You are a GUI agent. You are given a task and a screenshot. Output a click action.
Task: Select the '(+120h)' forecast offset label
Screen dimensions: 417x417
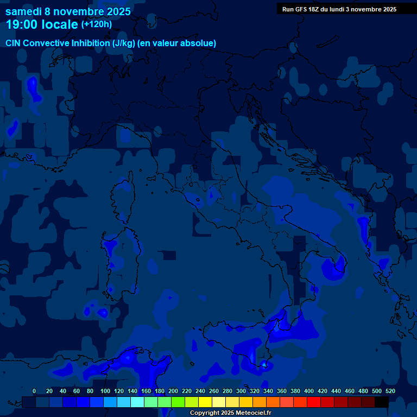pyautogui.click(x=97, y=24)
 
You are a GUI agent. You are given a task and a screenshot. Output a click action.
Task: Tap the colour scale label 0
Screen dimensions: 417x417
pyautogui.click(x=34, y=391)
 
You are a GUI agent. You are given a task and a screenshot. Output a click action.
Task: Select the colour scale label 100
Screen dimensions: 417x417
pyautogui.click(x=104, y=391)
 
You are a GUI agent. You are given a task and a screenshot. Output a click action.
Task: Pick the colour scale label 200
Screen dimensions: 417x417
pyautogui.click(x=173, y=391)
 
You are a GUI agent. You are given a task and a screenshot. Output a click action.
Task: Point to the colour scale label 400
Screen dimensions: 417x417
pyautogui.click(x=309, y=391)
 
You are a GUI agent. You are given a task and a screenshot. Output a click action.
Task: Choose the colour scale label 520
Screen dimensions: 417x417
pyautogui.click(x=390, y=391)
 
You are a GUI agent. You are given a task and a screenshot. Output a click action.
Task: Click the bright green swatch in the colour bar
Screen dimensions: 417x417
pyautogui.click(x=178, y=402)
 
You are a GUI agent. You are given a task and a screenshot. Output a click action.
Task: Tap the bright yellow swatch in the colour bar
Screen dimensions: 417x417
pyautogui.click(x=205, y=402)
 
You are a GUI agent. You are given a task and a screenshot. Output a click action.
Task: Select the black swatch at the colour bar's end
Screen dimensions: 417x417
pyautogui.click(x=382, y=402)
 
